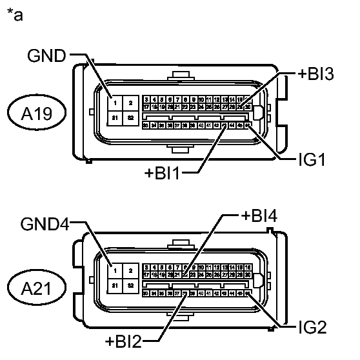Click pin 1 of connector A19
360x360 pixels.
pyautogui.click(x=113, y=103)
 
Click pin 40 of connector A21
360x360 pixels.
pyautogui.click(x=202, y=293)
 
